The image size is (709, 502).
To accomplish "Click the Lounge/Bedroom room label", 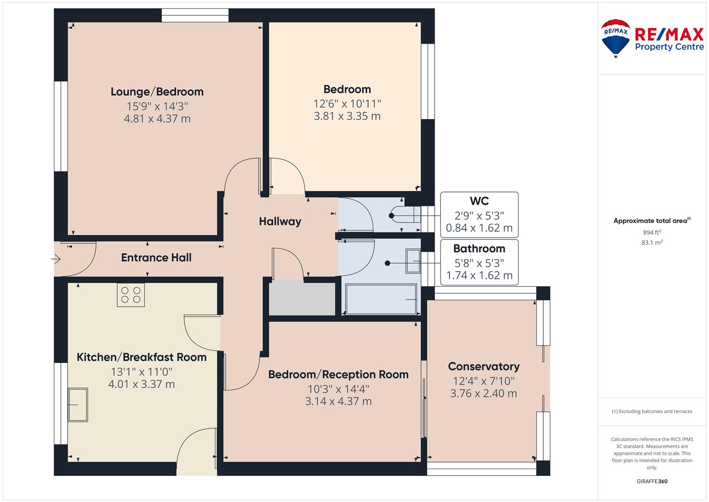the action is point(157,92).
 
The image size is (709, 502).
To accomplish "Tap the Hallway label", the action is point(280,221).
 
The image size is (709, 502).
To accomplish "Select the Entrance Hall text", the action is point(156,258).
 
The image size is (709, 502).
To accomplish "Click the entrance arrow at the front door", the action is point(56,259).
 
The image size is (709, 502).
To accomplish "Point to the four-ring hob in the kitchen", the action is point(131,295).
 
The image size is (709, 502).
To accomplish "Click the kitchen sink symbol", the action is point(78,405).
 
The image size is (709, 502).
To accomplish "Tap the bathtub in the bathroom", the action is point(381,299).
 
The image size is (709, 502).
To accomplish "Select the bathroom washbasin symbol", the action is point(413,261).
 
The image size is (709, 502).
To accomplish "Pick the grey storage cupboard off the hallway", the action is point(302,299).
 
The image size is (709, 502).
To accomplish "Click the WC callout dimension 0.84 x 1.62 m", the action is point(479,228).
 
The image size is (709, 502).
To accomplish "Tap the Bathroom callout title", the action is point(479,249).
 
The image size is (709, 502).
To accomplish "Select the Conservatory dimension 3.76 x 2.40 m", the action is point(484,393).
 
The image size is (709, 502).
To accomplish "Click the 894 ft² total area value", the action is point(652,232).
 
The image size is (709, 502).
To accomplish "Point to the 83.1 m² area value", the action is point(652,243).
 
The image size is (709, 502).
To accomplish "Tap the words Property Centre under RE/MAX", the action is point(670,47).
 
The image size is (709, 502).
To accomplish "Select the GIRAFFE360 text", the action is point(652,481).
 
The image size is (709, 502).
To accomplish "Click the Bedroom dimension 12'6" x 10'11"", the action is point(347,104).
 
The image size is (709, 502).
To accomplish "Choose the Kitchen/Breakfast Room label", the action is point(142,357).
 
